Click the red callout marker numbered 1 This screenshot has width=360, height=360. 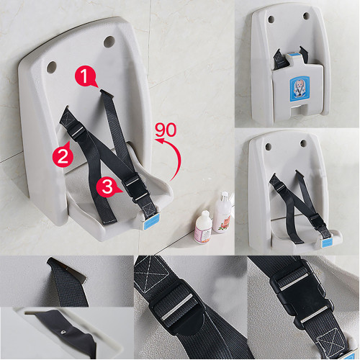coord(85,76)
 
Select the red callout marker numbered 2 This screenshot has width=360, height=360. coord(63,156)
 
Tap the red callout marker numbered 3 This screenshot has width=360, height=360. coord(107,186)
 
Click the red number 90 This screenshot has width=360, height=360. coord(166,130)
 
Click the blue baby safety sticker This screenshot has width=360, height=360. coord(300,89)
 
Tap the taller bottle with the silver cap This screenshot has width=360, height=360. coord(222,212)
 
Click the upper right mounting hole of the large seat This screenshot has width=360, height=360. coord(109,42)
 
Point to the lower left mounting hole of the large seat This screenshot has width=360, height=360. coord(51,67)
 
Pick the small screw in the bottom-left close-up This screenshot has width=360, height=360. coord(63,332)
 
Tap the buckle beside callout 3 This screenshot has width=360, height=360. coord(135,189)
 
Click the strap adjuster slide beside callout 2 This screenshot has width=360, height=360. coord(78,131)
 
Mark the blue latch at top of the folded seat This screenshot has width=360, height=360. coord(293,55)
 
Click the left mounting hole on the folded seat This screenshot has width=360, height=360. coord(271,19)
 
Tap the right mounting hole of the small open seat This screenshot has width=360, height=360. coord(303,143)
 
